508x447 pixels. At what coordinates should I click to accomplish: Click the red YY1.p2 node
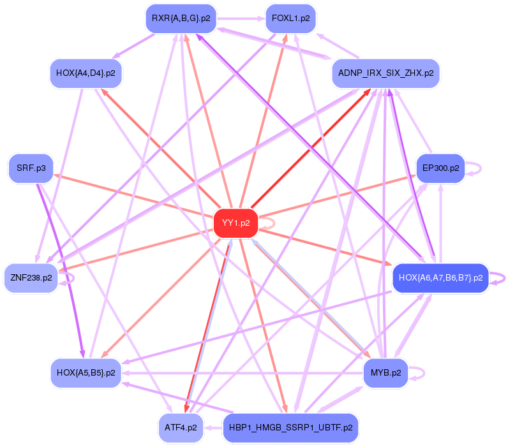pos(236,223)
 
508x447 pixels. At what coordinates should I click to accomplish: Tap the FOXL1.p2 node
pos(290,18)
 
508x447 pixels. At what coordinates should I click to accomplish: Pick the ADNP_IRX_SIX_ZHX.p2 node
pos(385,73)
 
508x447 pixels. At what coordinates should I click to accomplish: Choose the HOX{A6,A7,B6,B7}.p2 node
pos(440,278)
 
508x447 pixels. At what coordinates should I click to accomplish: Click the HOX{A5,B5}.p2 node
pos(86,372)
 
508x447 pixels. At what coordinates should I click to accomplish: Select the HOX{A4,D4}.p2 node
pos(86,73)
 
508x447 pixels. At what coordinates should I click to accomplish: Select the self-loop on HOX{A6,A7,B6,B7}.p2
pos(505,278)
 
